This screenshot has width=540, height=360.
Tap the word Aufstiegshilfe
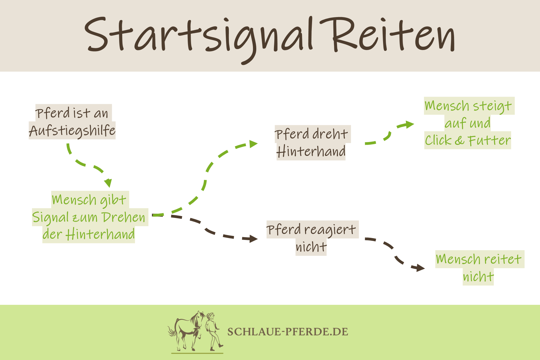pos(72,131)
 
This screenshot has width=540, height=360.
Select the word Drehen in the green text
pos(124,217)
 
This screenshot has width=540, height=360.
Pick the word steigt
pos(492,106)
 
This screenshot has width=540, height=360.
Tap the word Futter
pos(489,141)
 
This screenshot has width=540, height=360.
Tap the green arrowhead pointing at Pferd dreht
pos(253,144)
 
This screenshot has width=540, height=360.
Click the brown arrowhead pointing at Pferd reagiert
pos(253,238)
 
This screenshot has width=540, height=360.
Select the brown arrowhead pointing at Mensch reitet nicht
pos(420,268)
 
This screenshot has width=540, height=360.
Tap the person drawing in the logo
pos(213,331)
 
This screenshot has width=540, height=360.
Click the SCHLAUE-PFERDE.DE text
pos(287,332)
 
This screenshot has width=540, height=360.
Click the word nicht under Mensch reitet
pos(478,277)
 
